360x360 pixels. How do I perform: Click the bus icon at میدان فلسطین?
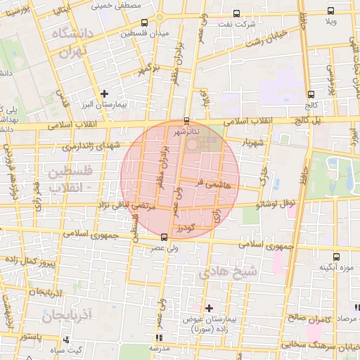click(144, 22)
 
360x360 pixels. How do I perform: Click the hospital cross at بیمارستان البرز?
click(105, 93)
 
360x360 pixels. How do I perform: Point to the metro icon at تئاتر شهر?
click(186, 120)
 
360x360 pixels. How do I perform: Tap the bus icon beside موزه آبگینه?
click(335, 256)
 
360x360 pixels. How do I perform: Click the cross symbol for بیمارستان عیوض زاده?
click(209, 307)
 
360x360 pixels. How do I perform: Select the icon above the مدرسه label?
click(157, 337)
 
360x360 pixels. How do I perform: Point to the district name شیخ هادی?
click(229, 270)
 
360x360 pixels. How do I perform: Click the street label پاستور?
click(31, 336)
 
